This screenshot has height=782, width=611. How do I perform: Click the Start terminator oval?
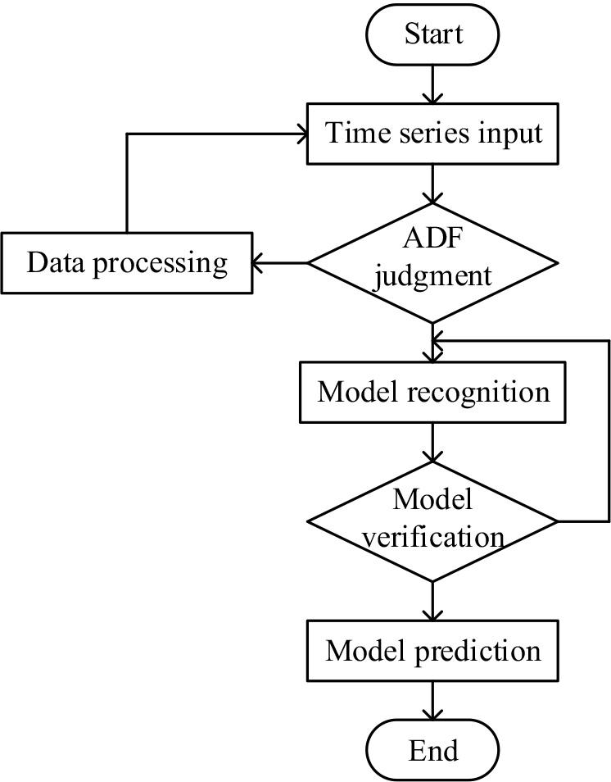[432, 35]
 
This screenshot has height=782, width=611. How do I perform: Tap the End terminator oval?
[432, 750]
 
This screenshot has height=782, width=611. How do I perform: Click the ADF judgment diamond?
[432, 262]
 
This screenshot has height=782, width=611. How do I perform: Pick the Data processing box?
[126, 263]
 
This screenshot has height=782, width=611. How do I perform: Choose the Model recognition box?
[432, 393]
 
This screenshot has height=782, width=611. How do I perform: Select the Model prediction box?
[432, 652]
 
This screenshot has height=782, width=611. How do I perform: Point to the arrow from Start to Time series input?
[432, 84]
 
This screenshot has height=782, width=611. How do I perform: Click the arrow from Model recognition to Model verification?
[432, 443]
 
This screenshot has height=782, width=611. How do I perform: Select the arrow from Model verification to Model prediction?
[432, 601]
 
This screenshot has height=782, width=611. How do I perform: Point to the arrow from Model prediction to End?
[432, 702]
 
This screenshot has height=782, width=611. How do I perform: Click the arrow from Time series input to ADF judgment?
[432, 184]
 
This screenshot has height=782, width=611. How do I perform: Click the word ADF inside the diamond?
[432, 239]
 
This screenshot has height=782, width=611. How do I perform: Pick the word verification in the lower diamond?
[432, 538]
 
